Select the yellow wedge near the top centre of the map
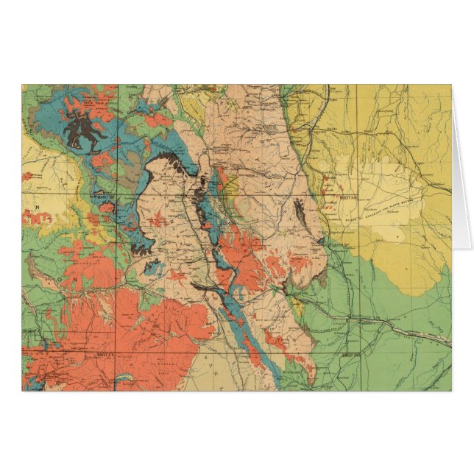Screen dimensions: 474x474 click(x=194, y=110)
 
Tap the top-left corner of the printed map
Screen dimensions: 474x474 click(x=22, y=85)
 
